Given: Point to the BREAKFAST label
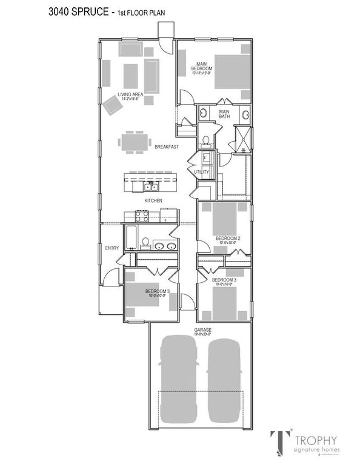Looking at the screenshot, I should (x=165, y=147).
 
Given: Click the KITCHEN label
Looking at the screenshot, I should (x=152, y=200).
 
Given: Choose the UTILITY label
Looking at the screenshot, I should (x=201, y=172).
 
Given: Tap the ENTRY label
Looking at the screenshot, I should (x=112, y=248).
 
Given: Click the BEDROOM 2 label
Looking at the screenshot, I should (x=228, y=239).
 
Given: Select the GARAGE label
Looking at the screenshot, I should (x=203, y=329).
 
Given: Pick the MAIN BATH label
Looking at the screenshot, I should (x=224, y=114).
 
